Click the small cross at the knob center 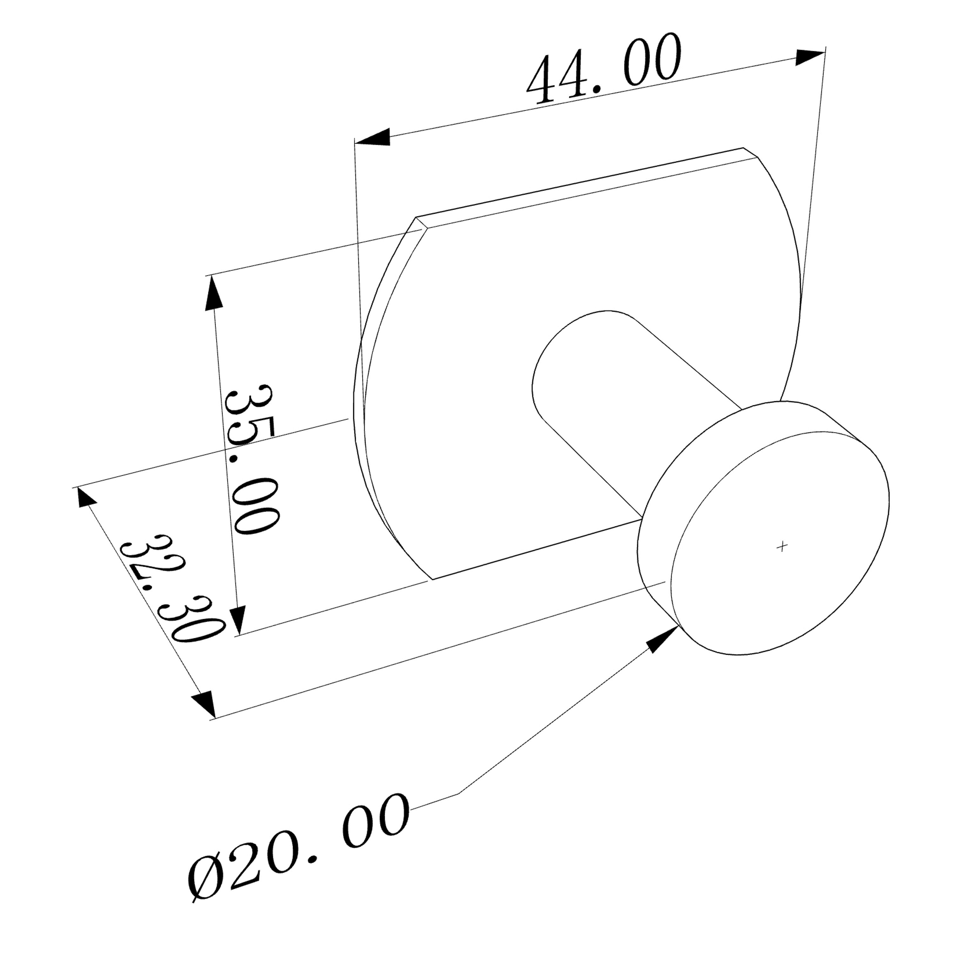tap(782, 546)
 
